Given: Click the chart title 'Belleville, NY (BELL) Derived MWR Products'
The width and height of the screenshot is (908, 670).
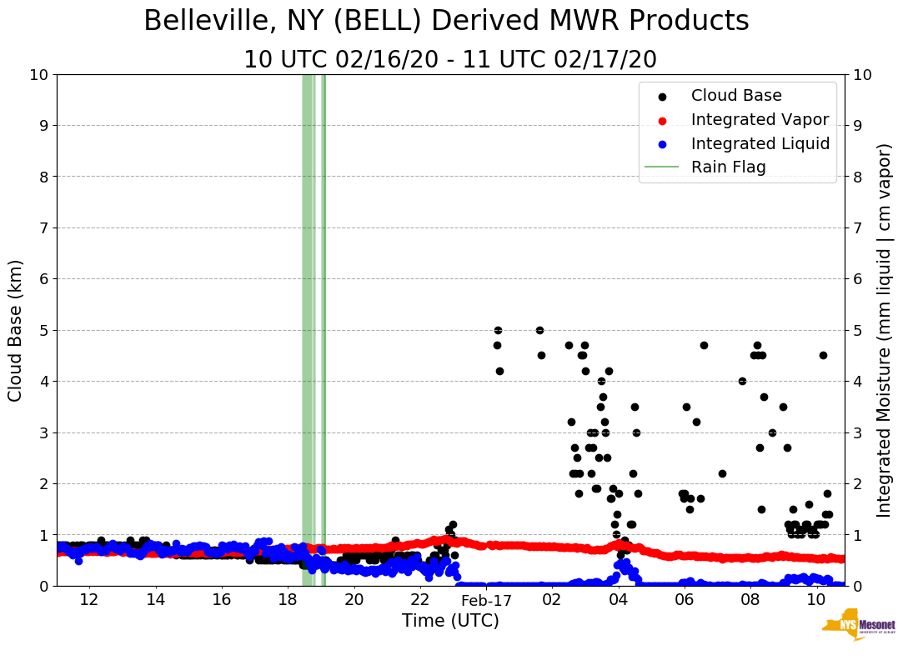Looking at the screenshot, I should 446,22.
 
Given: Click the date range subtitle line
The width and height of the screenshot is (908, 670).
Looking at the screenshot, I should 450,60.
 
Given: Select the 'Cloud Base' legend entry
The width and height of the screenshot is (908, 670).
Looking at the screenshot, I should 736,96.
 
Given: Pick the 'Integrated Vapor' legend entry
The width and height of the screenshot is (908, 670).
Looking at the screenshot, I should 760,119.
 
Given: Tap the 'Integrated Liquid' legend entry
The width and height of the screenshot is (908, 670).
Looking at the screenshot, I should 760,143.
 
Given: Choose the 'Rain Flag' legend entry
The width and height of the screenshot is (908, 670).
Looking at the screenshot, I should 728,167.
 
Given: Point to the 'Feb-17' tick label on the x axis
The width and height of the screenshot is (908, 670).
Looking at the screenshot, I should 486,600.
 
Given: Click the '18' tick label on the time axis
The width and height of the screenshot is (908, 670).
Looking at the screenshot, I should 288,600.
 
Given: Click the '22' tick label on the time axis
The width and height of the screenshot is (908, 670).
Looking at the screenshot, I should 420,600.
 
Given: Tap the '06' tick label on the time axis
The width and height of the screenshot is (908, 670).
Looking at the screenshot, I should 685,600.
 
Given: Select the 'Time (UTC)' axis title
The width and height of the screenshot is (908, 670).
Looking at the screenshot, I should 450,622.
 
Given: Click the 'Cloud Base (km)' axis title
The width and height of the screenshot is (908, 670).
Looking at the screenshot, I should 16,330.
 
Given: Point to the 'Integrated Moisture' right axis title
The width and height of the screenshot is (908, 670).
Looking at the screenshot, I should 885,330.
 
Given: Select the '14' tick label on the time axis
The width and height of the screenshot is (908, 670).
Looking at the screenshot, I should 155,600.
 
